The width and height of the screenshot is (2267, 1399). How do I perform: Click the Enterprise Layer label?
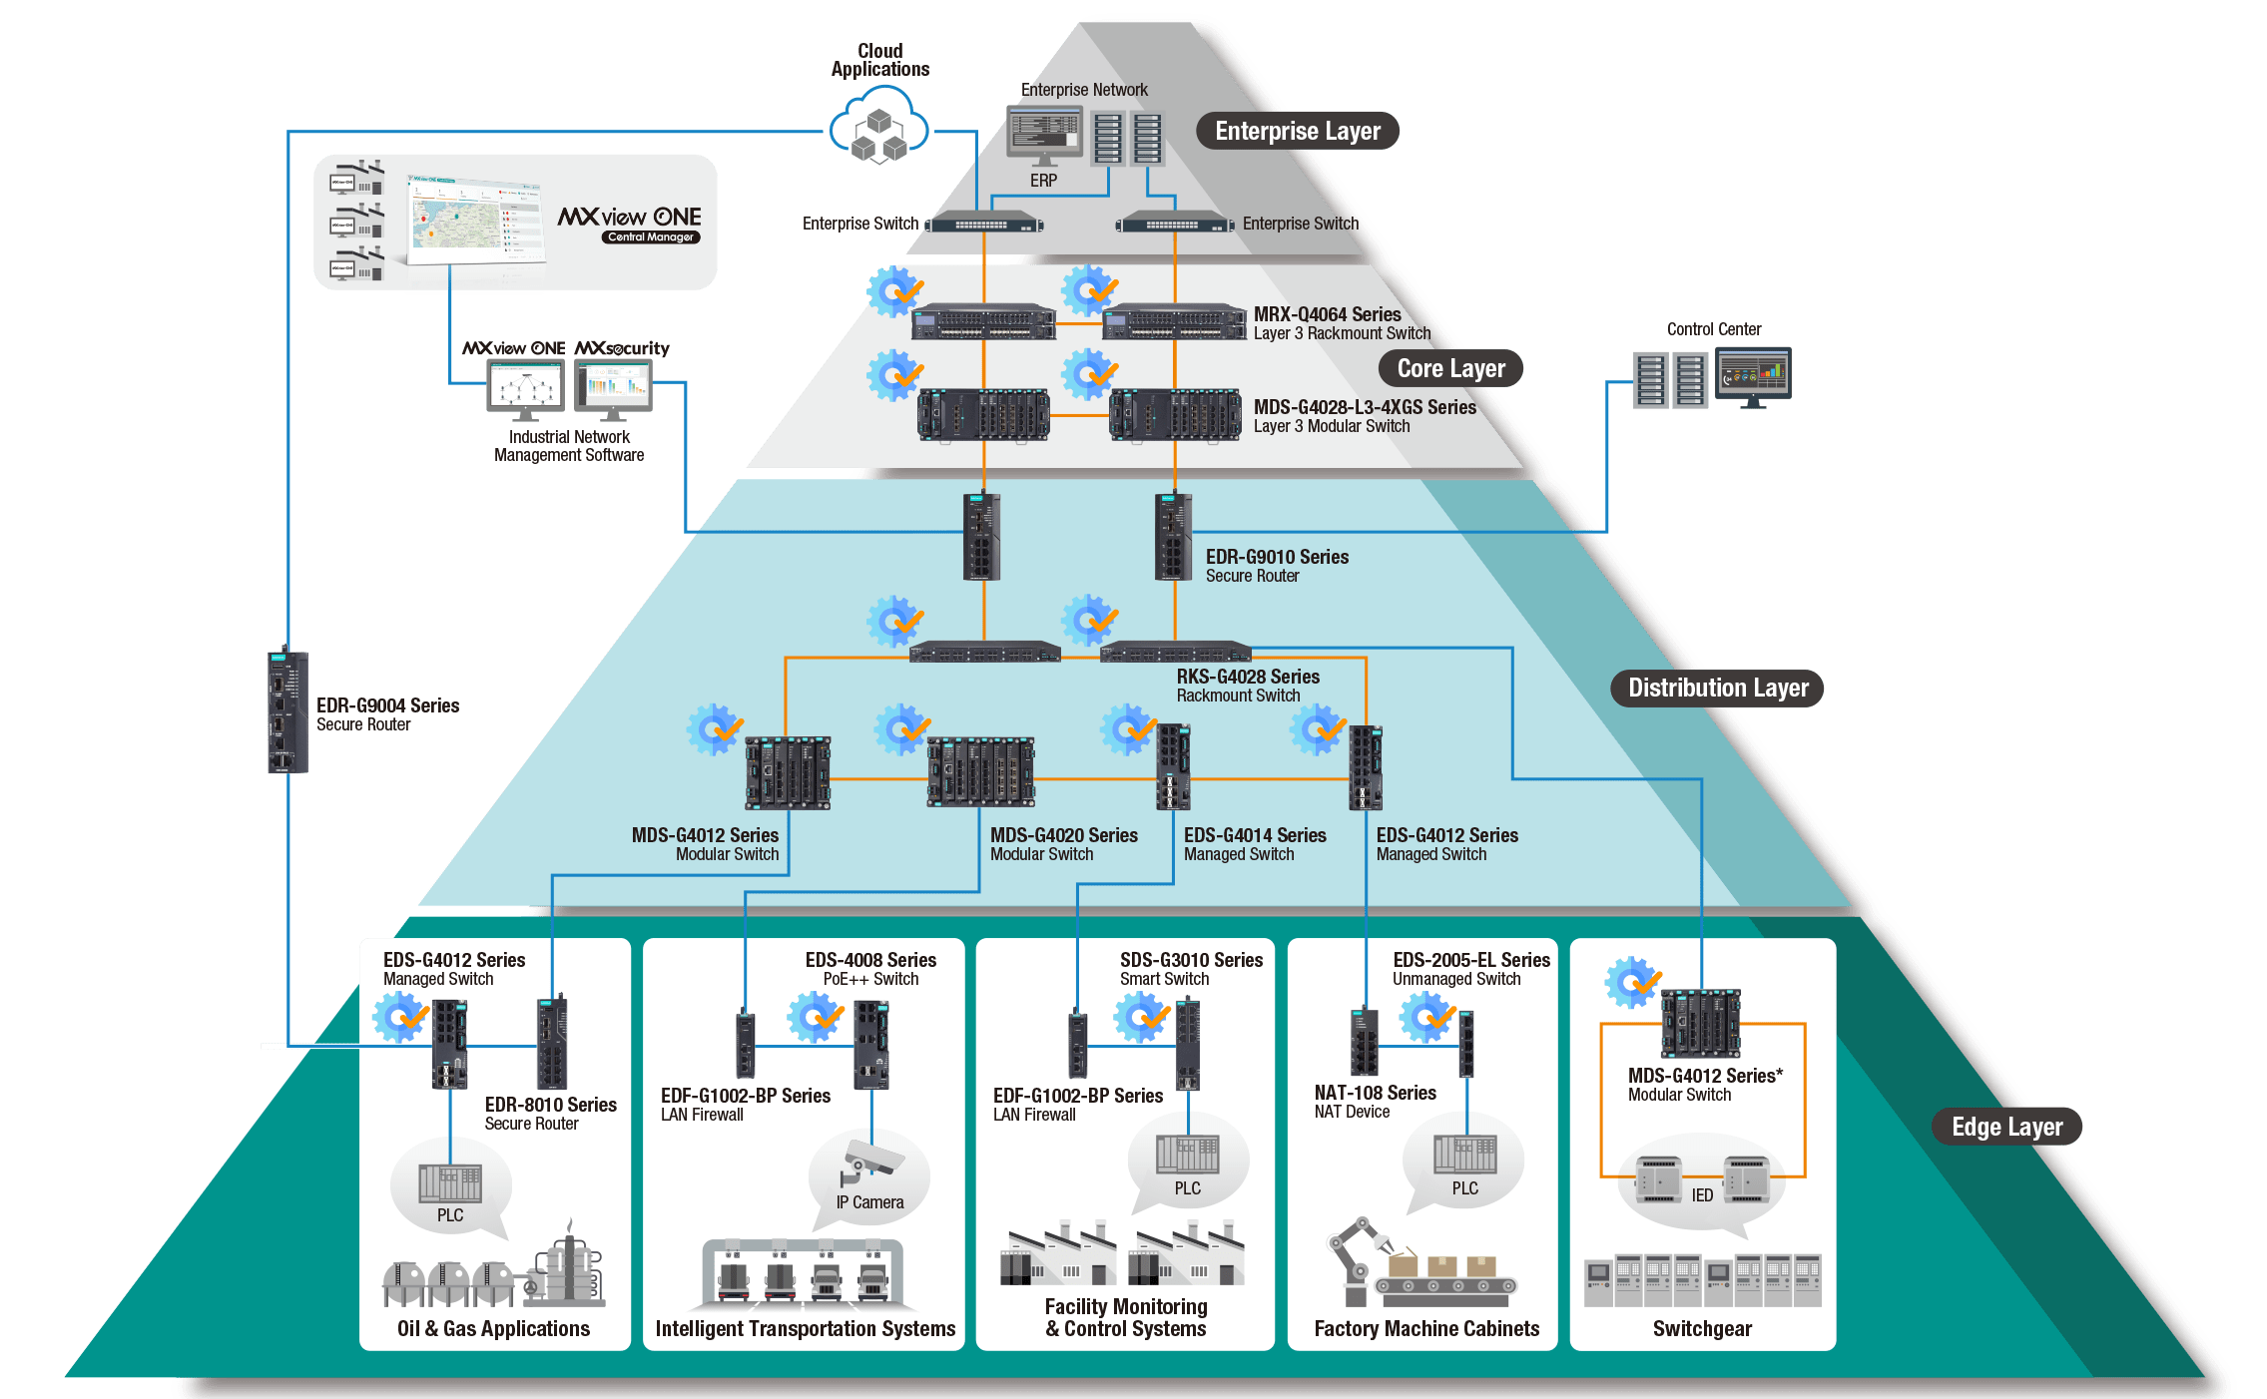[1297, 131]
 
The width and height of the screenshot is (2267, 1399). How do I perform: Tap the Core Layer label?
[1450, 368]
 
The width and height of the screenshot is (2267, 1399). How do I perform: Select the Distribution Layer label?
[1717, 688]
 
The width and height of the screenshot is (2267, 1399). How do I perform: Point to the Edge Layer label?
[2006, 1127]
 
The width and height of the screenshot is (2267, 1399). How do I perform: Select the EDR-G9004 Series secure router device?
[287, 710]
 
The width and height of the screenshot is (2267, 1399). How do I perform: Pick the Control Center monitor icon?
[1753, 376]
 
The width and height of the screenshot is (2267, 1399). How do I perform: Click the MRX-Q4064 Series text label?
[1327, 314]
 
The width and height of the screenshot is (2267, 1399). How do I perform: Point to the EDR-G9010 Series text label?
[1277, 557]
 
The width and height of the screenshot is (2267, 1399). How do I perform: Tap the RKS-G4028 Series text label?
[1248, 677]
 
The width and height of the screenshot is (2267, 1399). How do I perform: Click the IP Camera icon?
[870, 1162]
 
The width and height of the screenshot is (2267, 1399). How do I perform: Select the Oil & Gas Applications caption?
[493, 1328]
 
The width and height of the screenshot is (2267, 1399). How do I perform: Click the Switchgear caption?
[1702, 1328]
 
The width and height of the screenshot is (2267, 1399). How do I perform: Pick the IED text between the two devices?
[1702, 1194]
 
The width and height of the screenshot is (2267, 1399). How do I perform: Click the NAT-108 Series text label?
[1375, 1093]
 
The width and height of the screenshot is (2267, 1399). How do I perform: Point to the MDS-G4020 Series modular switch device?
[980, 772]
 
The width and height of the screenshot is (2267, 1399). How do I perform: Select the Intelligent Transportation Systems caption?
[805, 1328]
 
